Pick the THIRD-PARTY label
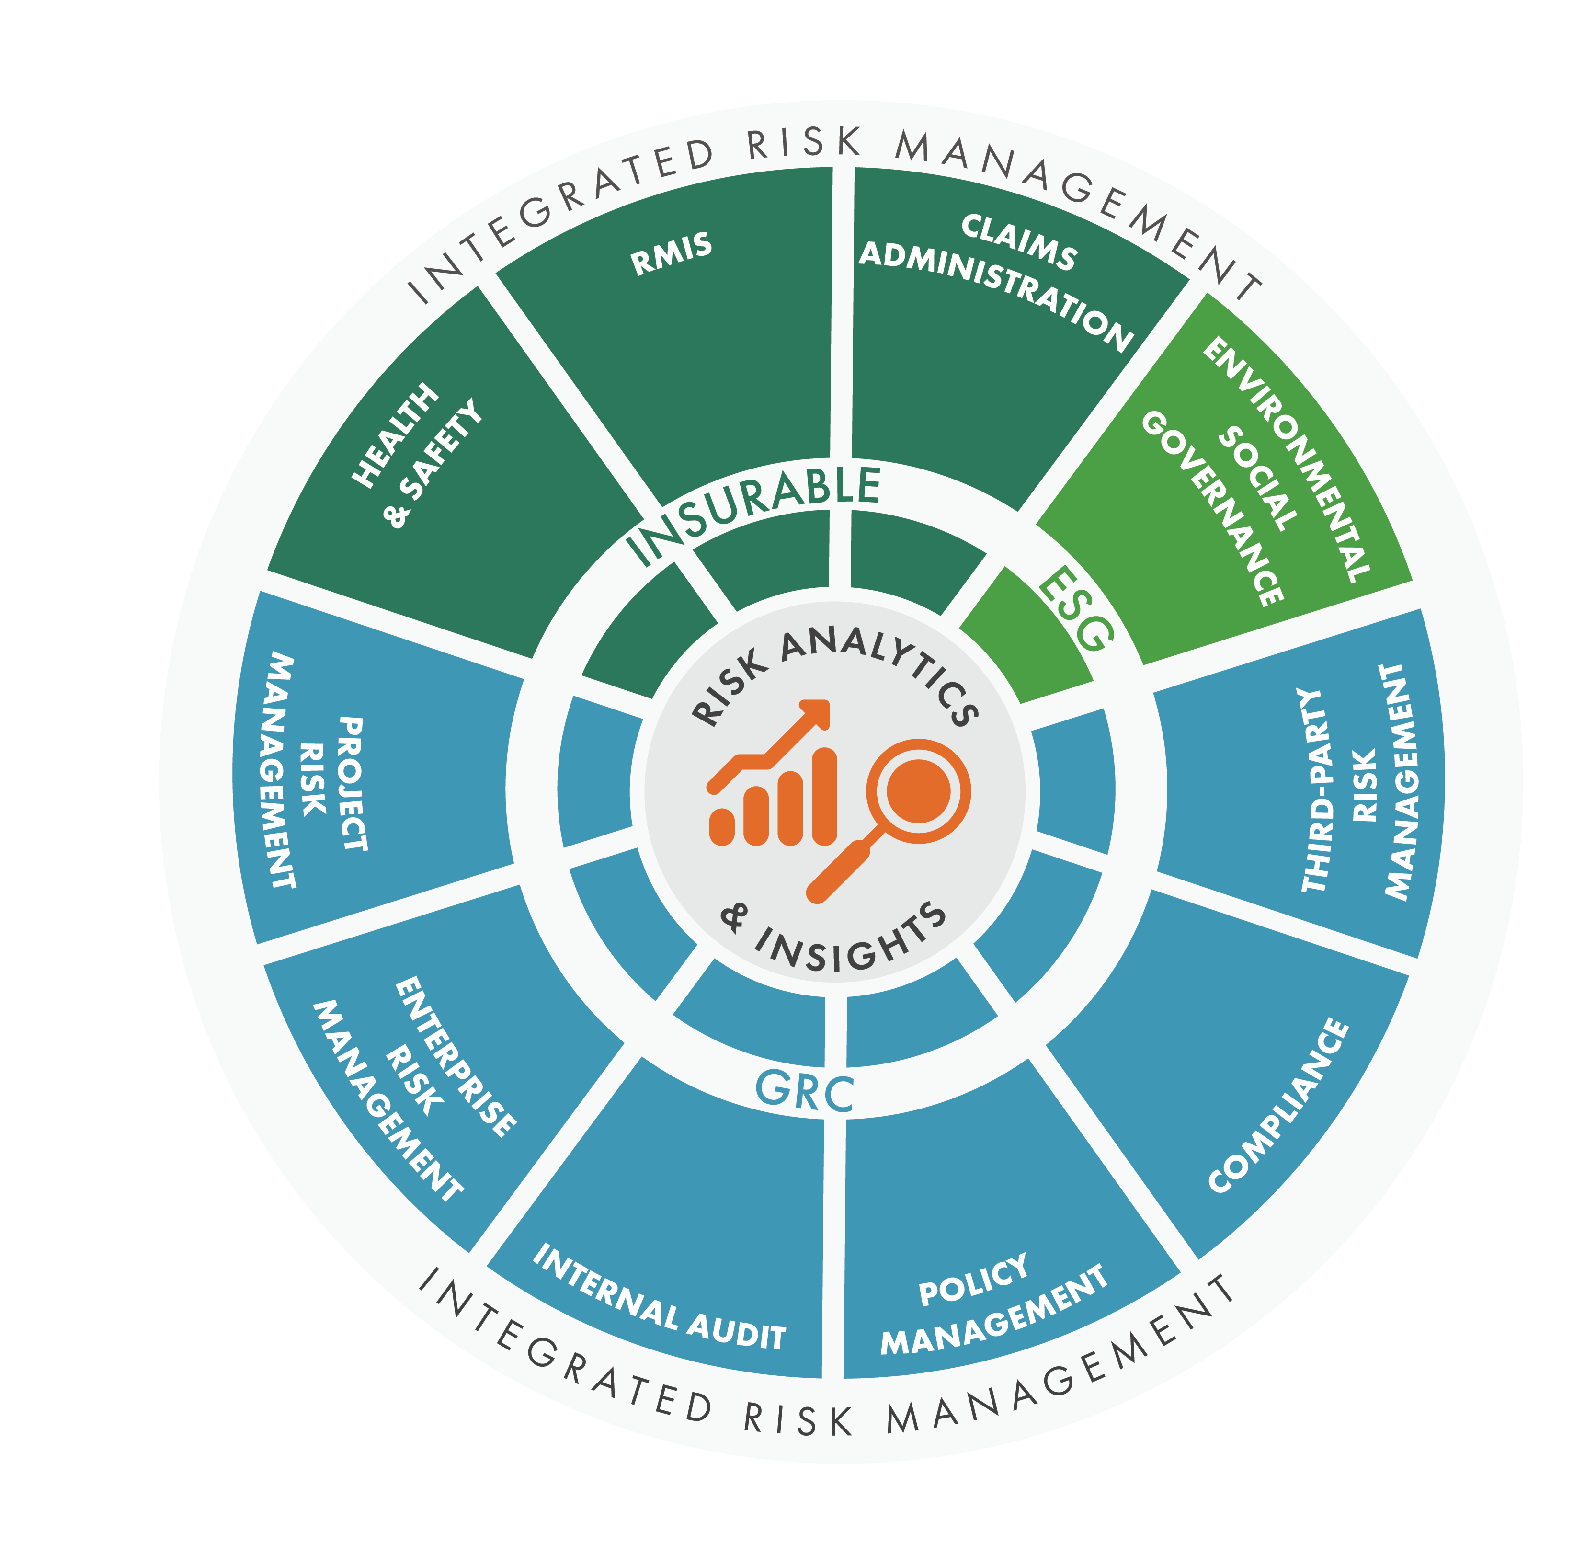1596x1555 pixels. point(1311,790)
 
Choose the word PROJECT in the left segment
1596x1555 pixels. point(353,784)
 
